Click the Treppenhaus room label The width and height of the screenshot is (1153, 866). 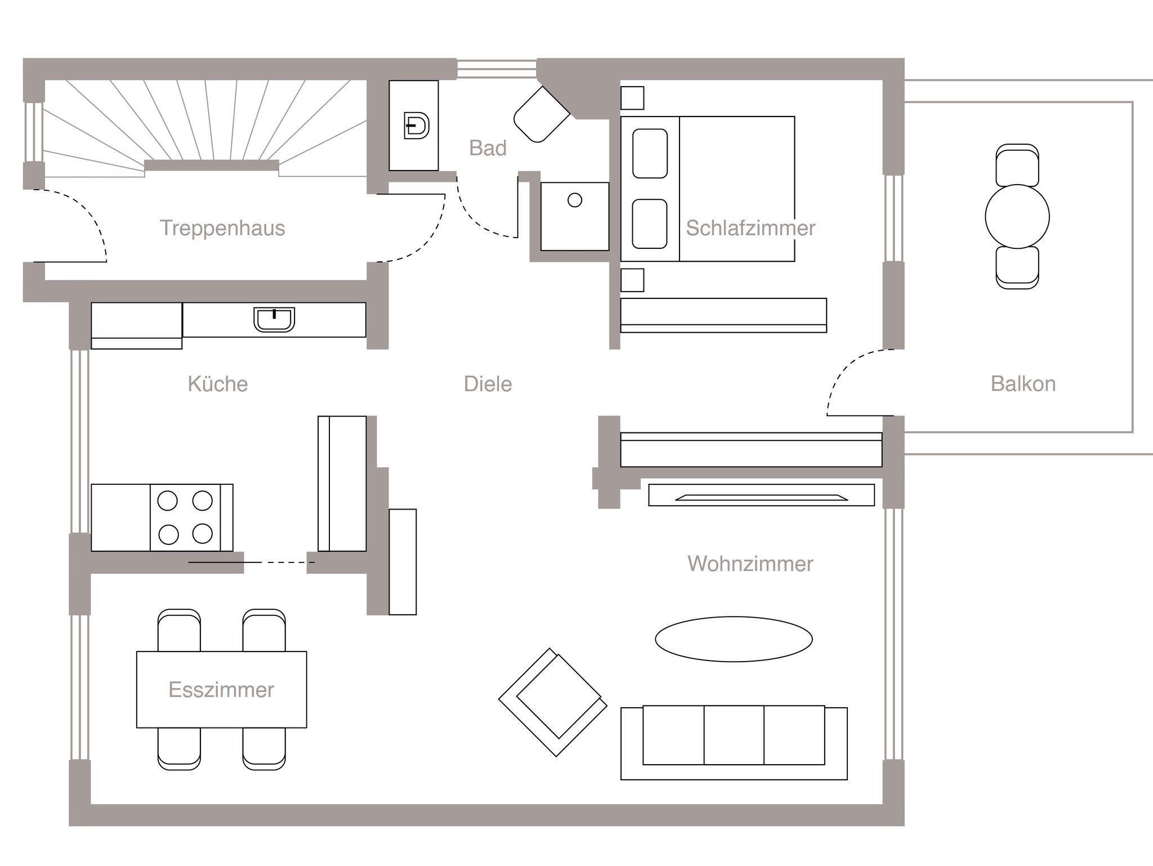point(222,228)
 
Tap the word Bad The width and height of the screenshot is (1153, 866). point(488,148)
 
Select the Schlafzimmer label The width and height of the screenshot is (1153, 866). point(750,228)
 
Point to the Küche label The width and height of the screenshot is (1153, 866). point(218,384)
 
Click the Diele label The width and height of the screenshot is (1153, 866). point(488,384)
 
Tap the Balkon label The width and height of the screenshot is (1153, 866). point(1023,384)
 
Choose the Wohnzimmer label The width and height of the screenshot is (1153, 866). point(750,564)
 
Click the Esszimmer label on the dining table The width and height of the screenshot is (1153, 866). point(221,690)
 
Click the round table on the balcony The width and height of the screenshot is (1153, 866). point(1017,216)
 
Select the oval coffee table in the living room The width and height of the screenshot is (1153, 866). point(734,639)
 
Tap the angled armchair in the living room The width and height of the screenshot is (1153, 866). point(553,702)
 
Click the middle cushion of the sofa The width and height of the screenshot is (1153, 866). point(734,735)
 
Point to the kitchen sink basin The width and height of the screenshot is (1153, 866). point(274,319)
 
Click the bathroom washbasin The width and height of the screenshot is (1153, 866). point(417,126)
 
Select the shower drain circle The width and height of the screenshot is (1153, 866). point(575,200)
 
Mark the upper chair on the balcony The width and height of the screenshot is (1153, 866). point(1017,164)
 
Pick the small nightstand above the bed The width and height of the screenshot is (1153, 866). point(632,98)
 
